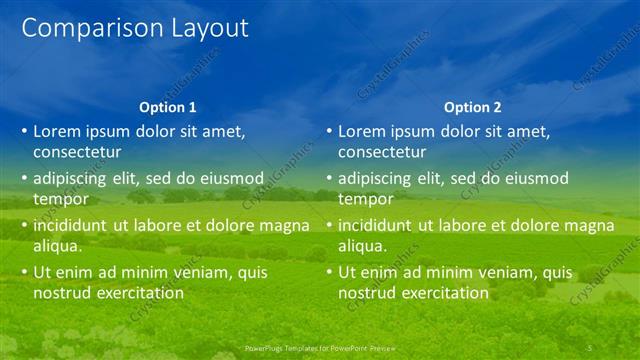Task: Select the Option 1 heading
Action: click(168, 107)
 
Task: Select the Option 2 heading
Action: click(473, 107)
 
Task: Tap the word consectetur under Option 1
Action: click(77, 153)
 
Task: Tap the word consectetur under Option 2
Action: click(382, 153)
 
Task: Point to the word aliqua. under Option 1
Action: click(57, 246)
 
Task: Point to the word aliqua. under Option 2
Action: click(362, 246)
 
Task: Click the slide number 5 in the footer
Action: click(590, 347)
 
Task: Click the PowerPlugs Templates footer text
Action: click(320, 347)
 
